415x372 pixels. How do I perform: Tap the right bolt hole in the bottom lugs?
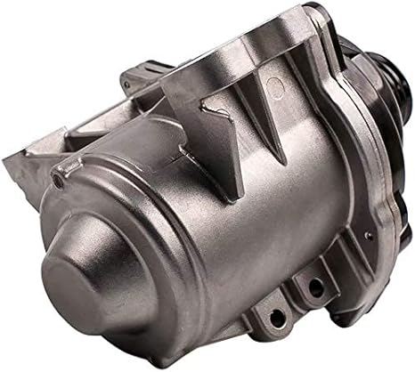click(x=313, y=287)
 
